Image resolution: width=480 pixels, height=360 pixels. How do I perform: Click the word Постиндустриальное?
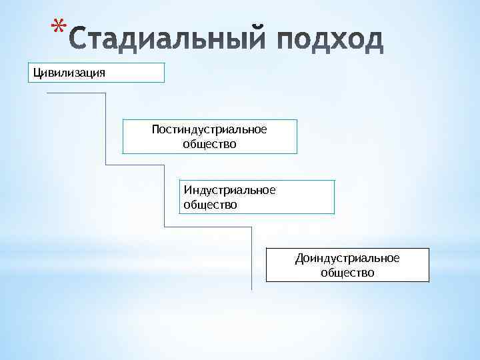pyautogui.click(x=209, y=129)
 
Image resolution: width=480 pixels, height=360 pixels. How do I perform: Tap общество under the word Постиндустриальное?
pyautogui.click(x=209, y=143)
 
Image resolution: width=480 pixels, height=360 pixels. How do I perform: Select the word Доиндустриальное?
pyautogui.click(x=347, y=258)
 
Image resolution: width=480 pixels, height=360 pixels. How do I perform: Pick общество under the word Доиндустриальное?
pyautogui.click(x=347, y=273)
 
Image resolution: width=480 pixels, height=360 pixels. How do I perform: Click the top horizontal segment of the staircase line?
pyautogui.click(x=76, y=93)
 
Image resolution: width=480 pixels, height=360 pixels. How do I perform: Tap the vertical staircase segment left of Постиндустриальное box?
pyautogui.click(x=106, y=129)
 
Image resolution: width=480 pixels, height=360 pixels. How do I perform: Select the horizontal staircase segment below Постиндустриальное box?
pyautogui.click(x=135, y=165)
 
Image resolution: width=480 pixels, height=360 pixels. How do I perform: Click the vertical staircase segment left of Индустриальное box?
pyautogui.click(x=164, y=195)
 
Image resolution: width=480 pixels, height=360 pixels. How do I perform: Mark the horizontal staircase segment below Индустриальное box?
pyautogui.click(x=207, y=227)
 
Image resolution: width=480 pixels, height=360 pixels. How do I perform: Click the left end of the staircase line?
pyautogui.click(x=48, y=93)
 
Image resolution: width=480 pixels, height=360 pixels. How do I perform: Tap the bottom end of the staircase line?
pyautogui.click(x=251, y=289)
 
